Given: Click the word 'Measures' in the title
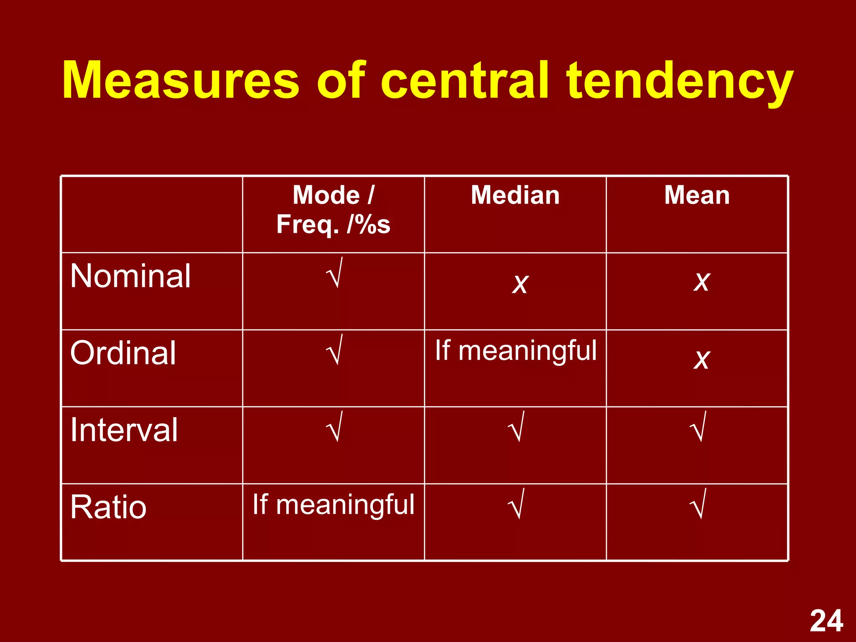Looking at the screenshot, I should pos(181,80).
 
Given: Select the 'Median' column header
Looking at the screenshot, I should pos(515,195).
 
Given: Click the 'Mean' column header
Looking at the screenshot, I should pos(697,195).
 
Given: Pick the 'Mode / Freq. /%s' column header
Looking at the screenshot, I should pos(333,210).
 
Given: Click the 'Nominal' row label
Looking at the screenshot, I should pos(130,276).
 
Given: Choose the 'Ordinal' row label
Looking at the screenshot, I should pos(123,353).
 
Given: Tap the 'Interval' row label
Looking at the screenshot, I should pos(124,430).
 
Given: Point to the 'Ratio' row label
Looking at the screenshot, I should pos(109,507).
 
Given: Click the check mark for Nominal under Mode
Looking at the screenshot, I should pos(334,273).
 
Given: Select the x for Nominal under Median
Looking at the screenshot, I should pos(520,284).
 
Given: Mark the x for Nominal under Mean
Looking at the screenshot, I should pos(701,281).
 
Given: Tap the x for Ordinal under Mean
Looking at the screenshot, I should pos(701,359).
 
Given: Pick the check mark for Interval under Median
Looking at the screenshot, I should pos(516,427).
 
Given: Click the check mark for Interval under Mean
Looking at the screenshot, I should pos(698,427).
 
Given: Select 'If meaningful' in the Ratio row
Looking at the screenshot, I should pos(334,504).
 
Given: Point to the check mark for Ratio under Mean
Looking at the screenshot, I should pos(698,504).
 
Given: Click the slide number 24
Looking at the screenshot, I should pos(826,621).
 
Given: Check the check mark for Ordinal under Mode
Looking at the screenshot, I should pos(334,350).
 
